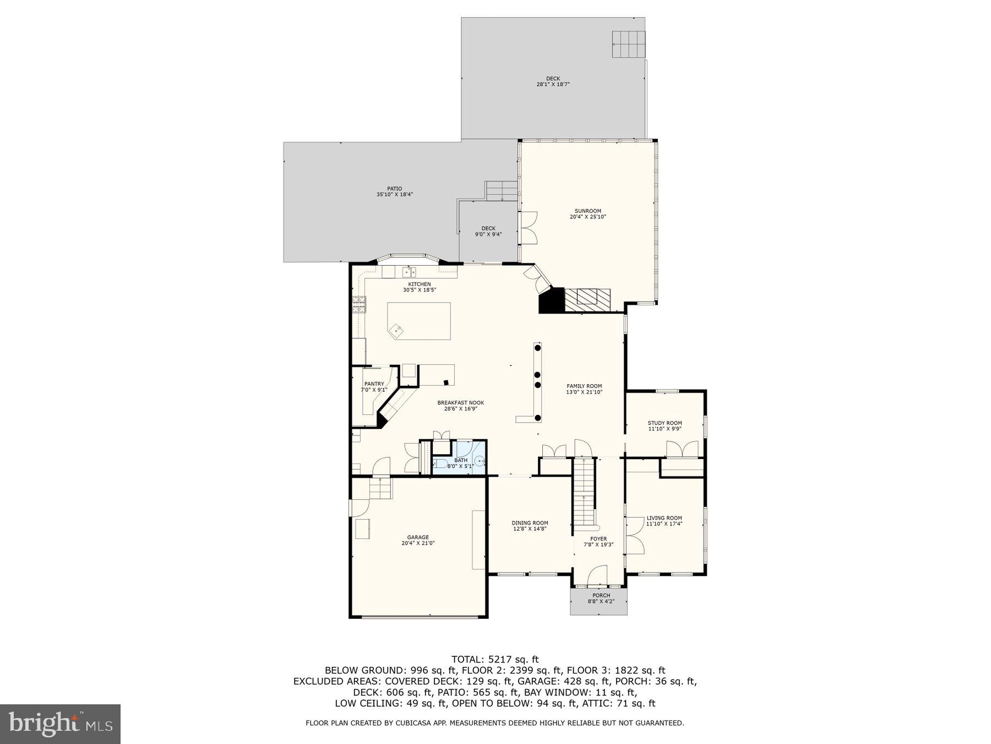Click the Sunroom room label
[587, 211]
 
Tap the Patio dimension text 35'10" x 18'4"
[394, 195]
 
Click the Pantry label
[374, 384]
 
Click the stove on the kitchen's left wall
[359, 304]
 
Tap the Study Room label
[665, 423]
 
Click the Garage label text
[418, 537]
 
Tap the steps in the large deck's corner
[628, 44]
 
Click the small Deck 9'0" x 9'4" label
[488, 228]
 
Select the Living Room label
[664, 518]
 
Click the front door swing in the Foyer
[597, 575]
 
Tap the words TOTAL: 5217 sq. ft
[494, 659]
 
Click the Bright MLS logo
[60, 724]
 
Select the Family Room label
[584, 386]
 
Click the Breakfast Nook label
[460, 403]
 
